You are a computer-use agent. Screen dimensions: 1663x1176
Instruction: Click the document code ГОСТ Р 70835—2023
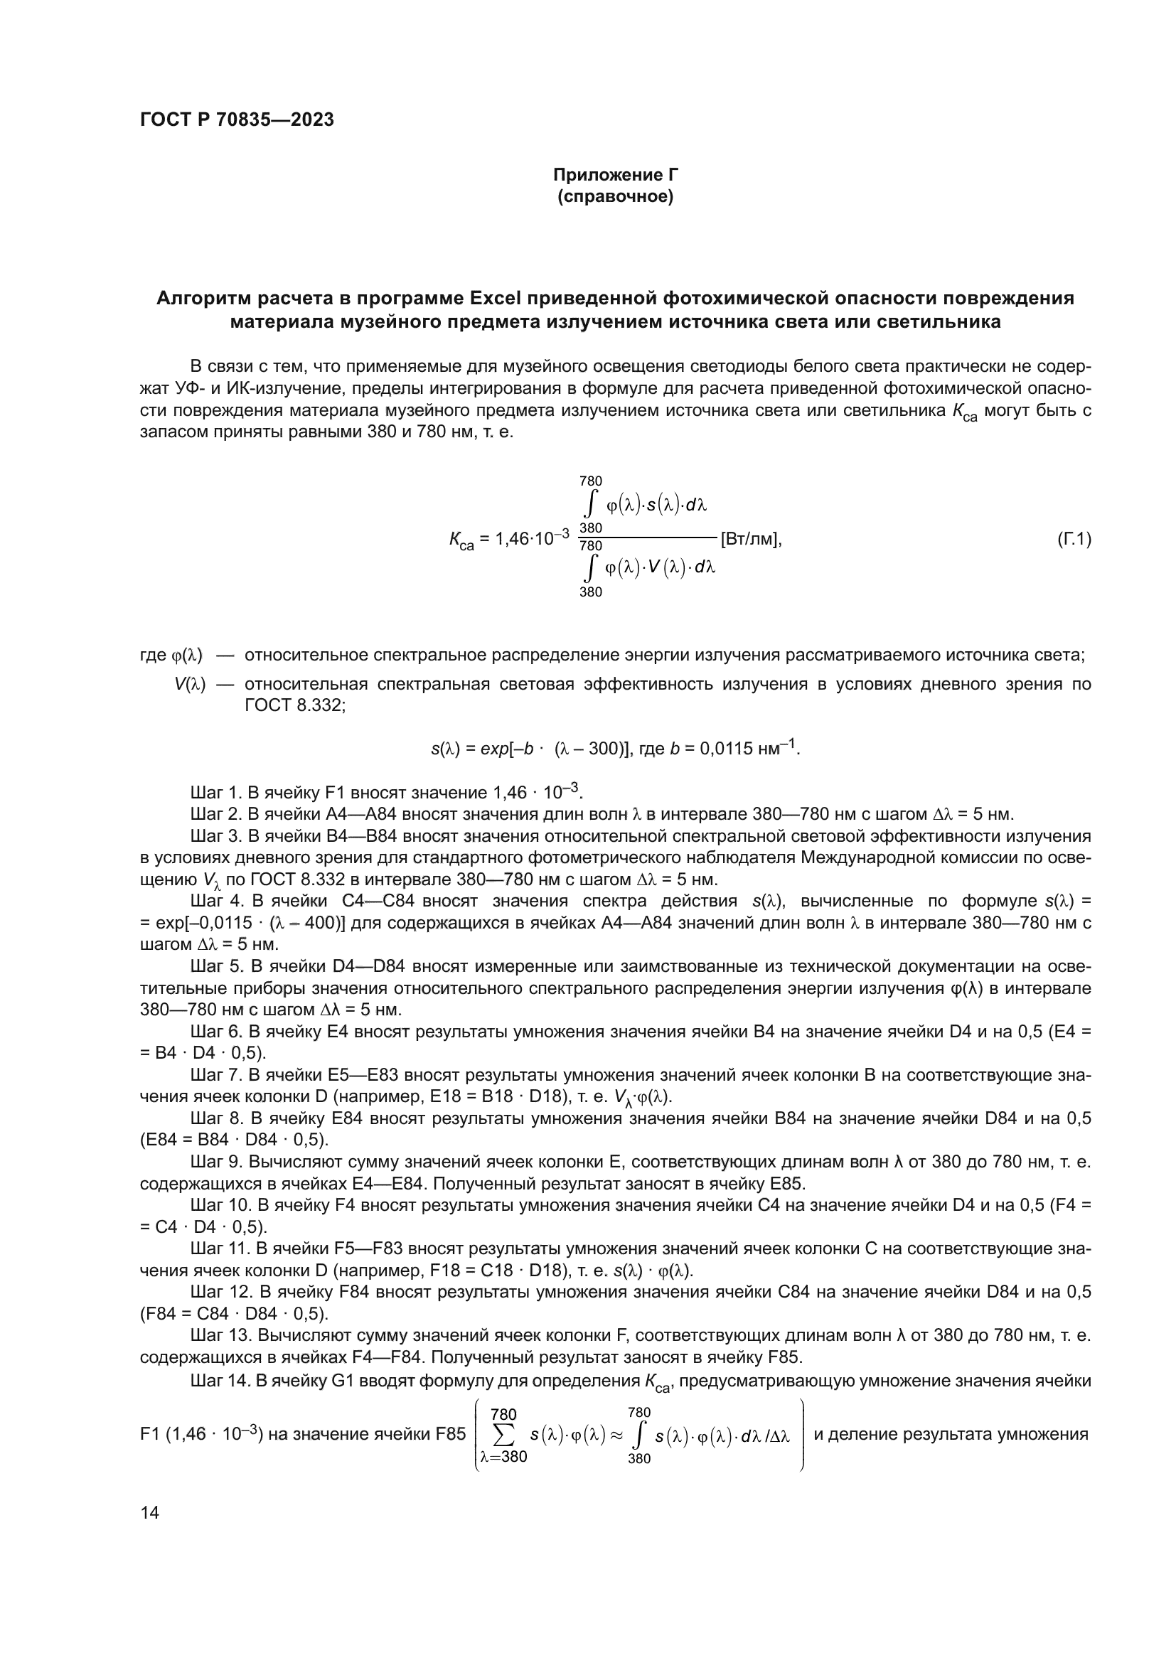237,120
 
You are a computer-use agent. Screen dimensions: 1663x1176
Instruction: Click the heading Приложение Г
616,175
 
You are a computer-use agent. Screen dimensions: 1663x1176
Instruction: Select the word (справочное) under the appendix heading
616,197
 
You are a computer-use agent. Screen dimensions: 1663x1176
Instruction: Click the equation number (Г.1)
1074,539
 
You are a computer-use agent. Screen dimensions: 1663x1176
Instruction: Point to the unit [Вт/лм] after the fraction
749,540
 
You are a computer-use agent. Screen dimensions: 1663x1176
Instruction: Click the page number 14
150,1512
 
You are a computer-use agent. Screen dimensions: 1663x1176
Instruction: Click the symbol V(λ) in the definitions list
190,685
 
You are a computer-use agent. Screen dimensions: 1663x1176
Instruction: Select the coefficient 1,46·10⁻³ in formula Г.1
532,539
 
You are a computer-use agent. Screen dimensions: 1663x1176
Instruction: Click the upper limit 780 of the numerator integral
590,481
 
